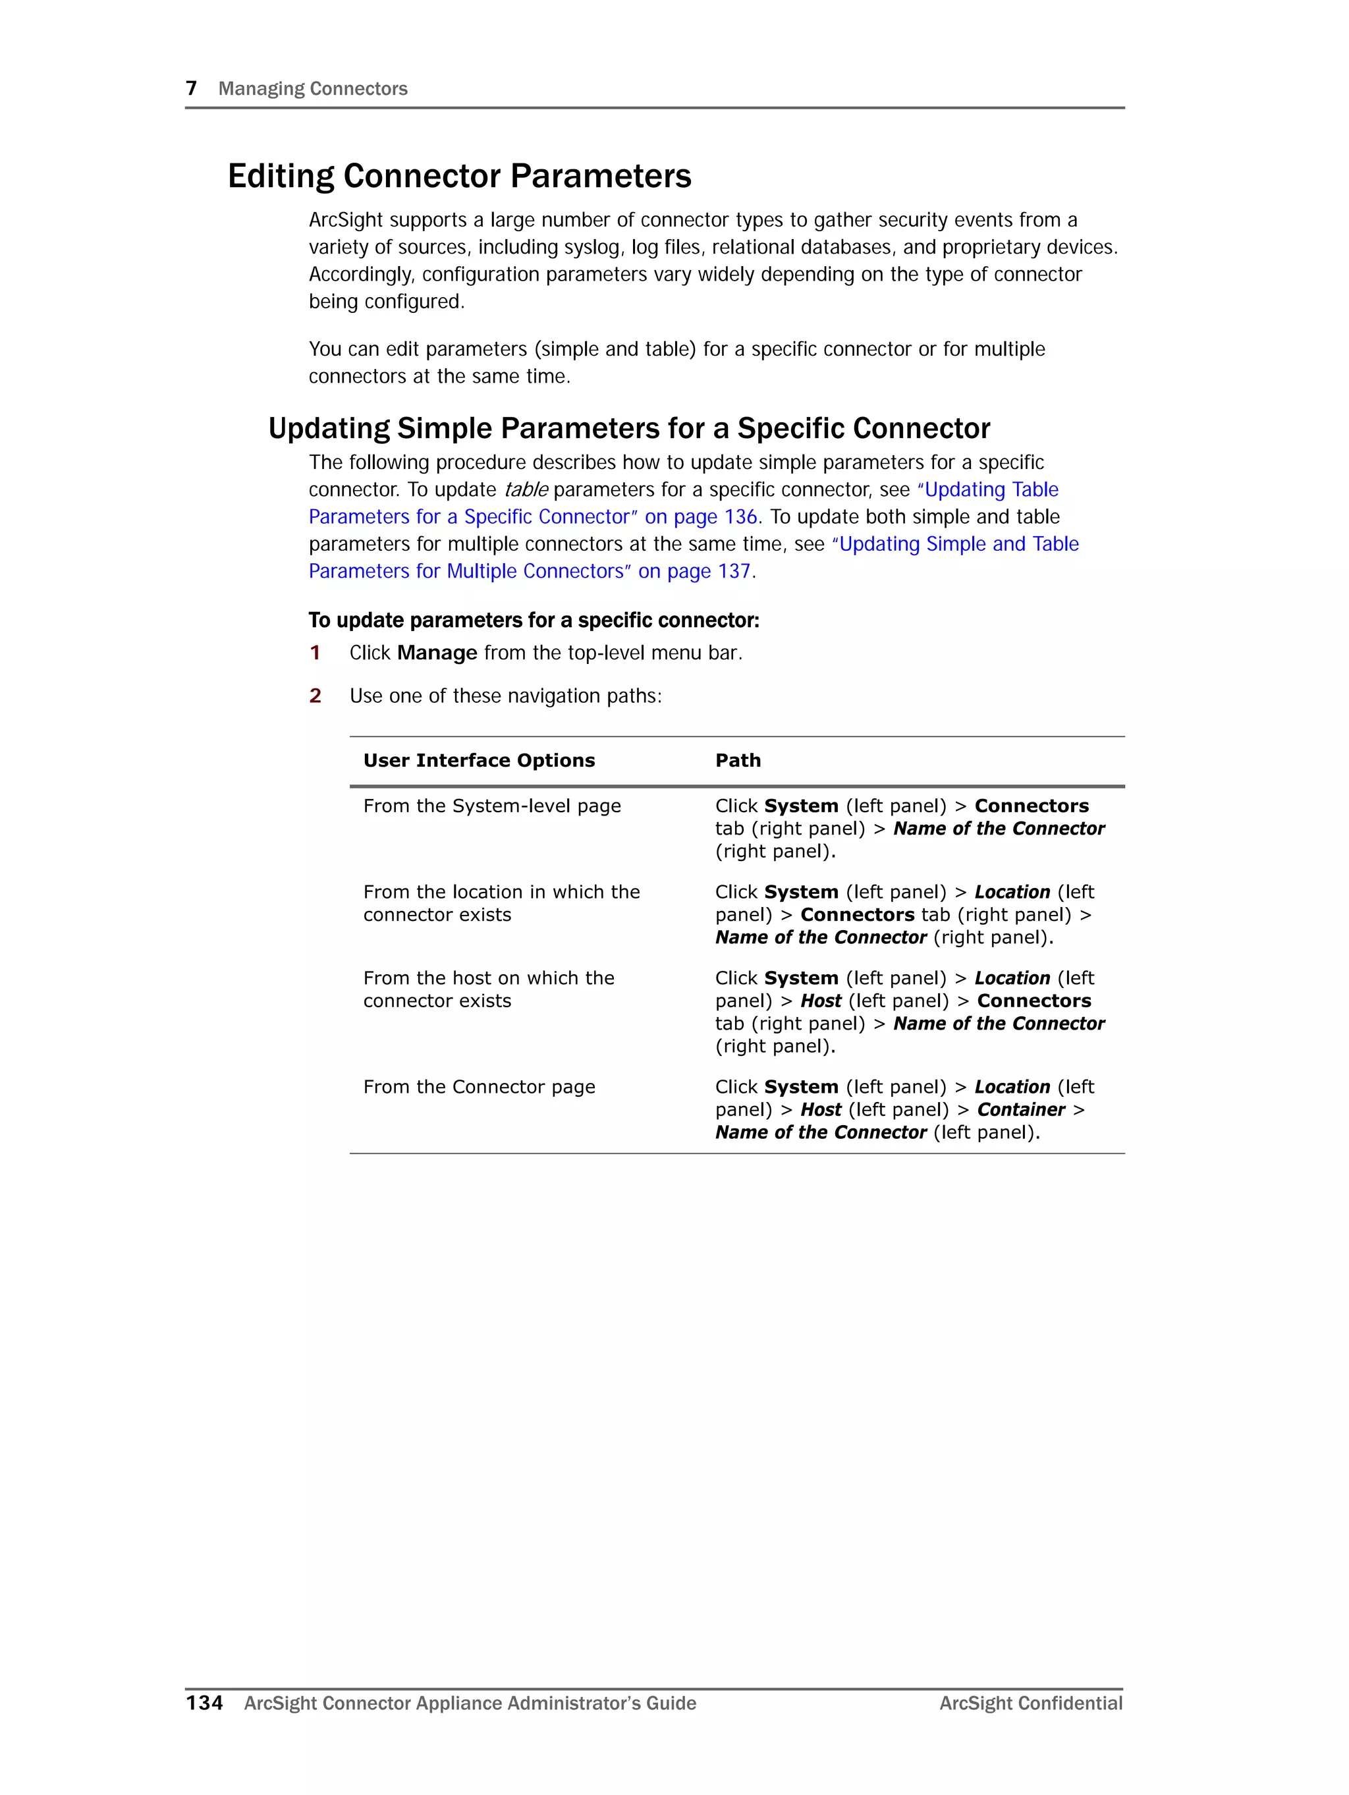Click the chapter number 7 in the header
point(192,88)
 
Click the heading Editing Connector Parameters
point(459,176)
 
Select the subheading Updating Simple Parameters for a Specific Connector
point(629,428)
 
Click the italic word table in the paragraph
point(525,490)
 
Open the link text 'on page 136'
point(700,517)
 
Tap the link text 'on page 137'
point(694,571)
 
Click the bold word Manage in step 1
point(437,653)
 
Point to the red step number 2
point(315,696)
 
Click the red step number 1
point(315,653)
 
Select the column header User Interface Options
point(479,760)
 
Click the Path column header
point(738,760)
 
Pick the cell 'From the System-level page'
point(492,806)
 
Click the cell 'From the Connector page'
point(479,1087)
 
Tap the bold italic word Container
point(1020,1109)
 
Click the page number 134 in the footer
point(205,1703)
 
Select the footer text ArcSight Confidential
point(1030,1703)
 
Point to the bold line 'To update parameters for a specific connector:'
point(534,621)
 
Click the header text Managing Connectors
point(312,88)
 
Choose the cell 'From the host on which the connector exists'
point(489,989)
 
